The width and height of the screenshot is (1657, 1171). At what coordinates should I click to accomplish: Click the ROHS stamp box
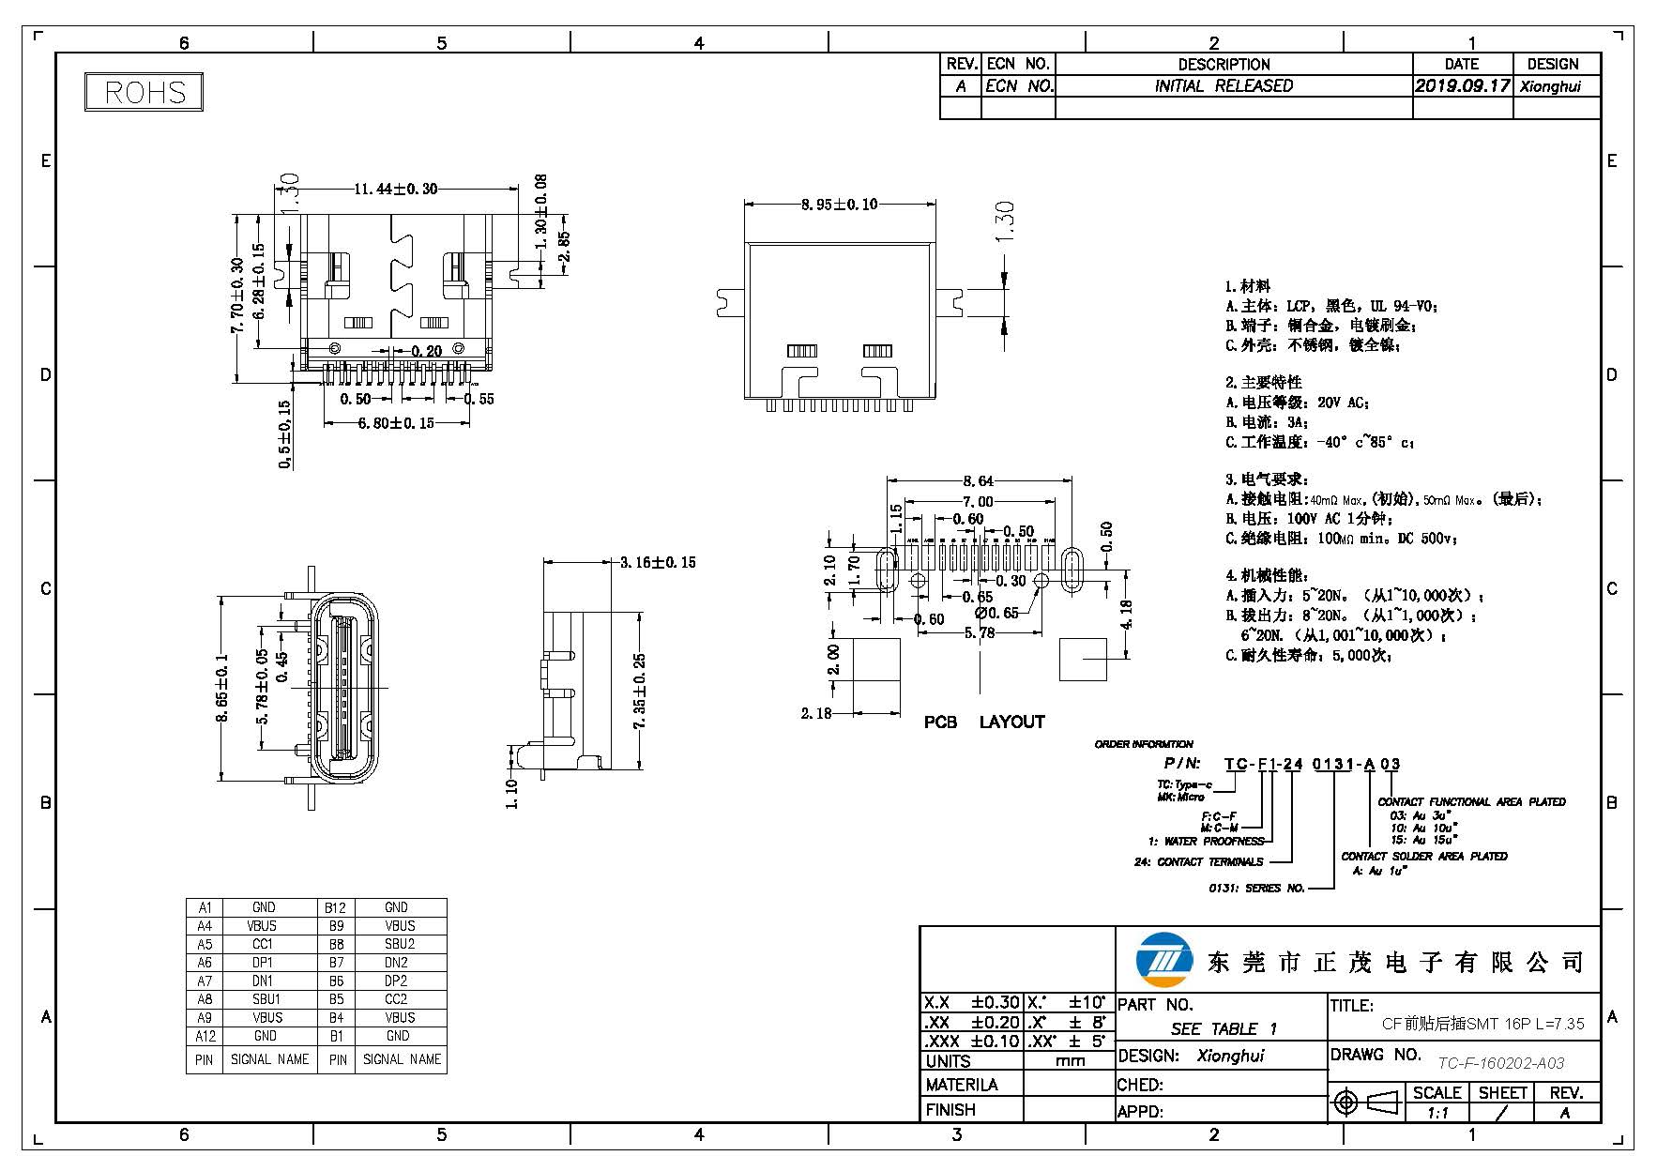[144, 92]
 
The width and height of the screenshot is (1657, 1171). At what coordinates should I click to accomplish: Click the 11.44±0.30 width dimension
[395, 189]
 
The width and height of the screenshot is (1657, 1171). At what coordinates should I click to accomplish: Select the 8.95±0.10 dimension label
[839, 204]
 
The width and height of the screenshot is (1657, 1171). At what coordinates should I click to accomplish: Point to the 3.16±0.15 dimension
[658, 562]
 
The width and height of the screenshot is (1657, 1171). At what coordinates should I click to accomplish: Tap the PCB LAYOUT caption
[983, 722]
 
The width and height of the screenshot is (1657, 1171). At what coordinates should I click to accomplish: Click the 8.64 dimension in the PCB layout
[978, 480]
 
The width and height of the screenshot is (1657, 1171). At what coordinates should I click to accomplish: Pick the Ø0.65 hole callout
[996, 613]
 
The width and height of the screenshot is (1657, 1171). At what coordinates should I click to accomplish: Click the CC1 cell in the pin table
[263, 944]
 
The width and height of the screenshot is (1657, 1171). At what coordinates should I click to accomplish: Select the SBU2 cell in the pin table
[399, 944]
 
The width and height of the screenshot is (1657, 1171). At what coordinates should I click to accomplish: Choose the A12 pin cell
[205, 1036]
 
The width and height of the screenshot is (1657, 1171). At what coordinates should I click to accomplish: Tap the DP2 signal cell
[397, 981]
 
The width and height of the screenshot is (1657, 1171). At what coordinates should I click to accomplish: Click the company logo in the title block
[1163, 960]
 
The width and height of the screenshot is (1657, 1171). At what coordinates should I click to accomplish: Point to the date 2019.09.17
[1462, 85]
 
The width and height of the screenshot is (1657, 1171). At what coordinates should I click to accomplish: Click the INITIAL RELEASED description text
[1224, 85]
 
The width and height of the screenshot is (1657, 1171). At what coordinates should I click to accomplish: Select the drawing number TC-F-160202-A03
[1501, 1063]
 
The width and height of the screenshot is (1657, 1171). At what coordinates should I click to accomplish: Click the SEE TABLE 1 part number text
[1224, 1028]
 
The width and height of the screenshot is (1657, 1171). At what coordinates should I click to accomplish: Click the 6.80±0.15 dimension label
[396, 423]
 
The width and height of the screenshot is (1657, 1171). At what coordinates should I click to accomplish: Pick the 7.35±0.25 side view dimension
[640, 691]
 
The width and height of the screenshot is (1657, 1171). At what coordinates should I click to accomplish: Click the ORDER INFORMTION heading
[1143, 744]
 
